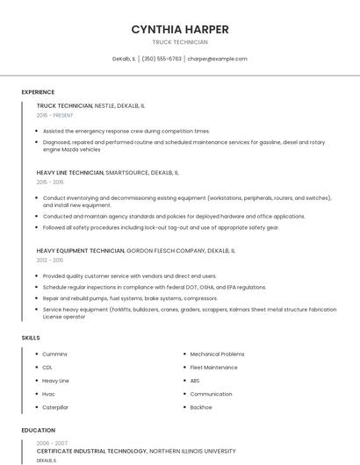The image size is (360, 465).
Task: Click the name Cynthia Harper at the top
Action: point(180,29)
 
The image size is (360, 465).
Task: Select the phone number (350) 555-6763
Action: point(162,59)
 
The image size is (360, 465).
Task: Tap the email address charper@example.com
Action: point(217,59)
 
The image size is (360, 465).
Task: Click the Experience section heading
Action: point(38,92)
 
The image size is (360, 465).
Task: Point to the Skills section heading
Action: point(31,338)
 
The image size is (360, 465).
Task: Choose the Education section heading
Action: point(38,431)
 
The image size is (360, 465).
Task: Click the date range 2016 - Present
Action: point(54,115)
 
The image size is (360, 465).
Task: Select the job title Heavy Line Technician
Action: point(70,173)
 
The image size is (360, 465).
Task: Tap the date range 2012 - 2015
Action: point(50,261)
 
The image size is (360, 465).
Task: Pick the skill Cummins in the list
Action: point(54,354)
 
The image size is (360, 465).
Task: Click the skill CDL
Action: point(47,368)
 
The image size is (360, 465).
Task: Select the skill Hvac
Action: point(48,394)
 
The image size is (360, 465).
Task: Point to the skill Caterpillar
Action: point(55,407)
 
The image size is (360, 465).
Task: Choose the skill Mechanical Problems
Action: point(217,354)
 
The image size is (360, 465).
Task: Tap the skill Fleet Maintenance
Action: point(213,368)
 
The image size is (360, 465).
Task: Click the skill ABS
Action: point(195,381)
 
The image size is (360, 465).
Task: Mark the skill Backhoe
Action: point(201,407)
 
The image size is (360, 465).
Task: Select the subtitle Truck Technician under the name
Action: point(180,42)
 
